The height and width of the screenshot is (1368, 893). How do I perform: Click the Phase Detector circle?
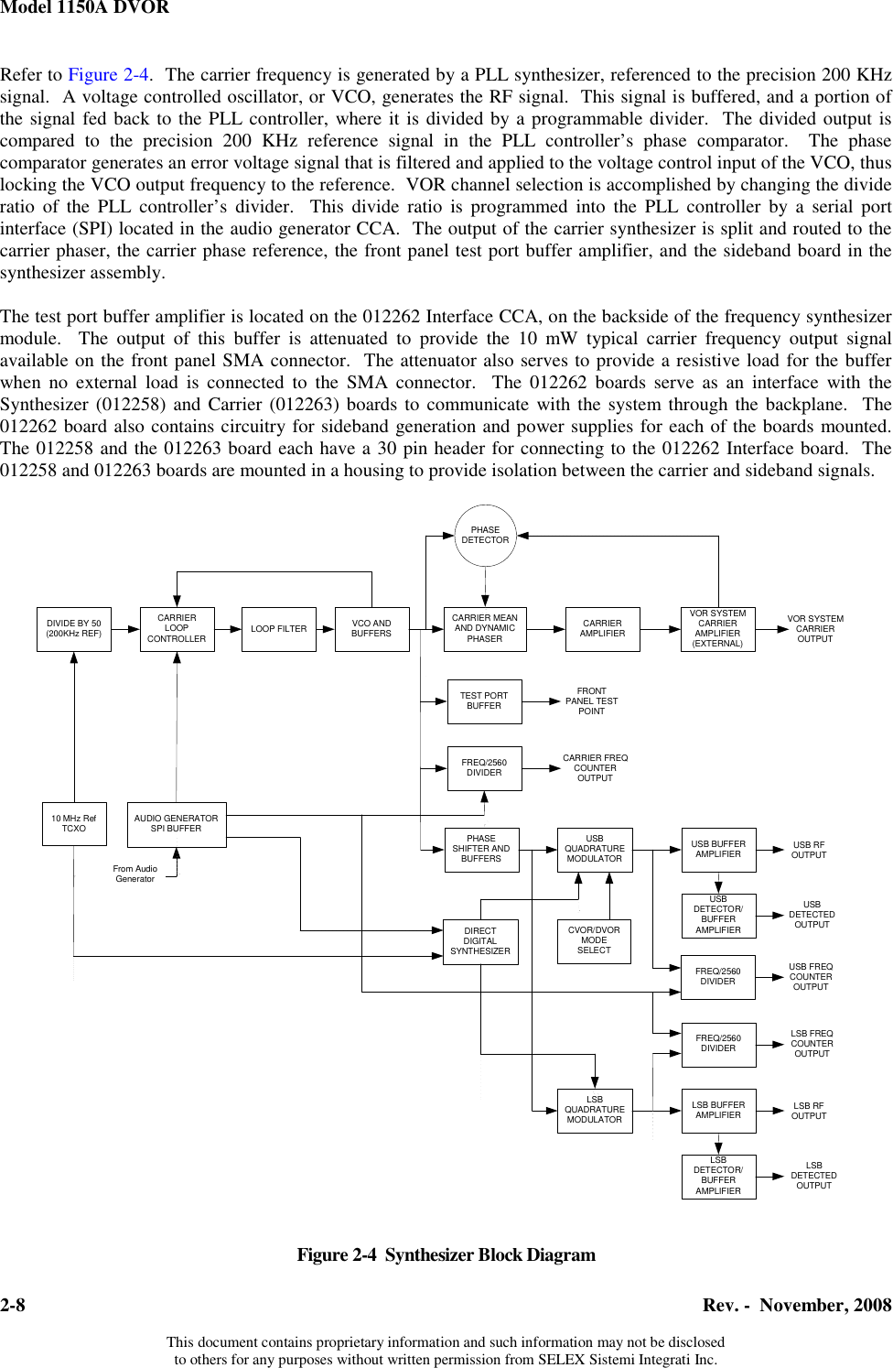click(x=485, y=536)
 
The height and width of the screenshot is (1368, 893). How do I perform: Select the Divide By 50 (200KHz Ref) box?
click(x=74, y=629)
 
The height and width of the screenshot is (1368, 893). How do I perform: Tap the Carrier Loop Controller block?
click(x=177, y=629)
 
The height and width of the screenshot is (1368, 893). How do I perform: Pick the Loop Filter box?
click(x=279, y=629)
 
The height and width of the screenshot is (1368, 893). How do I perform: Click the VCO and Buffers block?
click(x=371, y=629)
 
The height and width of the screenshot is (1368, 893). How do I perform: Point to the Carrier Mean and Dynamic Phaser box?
click(x=485, y=629)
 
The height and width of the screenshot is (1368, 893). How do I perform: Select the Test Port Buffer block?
click(x=484, y=701)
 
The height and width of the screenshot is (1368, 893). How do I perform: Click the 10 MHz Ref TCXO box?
click(x=73, y=823)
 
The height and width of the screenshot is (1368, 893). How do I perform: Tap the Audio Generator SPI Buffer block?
click(x=177, y=823)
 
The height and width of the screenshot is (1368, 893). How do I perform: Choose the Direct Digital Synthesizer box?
click(x=480, y=941)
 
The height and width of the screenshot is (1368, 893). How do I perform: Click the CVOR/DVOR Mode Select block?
click(x=594, y=941)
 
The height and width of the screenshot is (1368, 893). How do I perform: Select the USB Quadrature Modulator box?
click(x=595, y=849)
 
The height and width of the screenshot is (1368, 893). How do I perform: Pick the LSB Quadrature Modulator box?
click(x=595, y=1110)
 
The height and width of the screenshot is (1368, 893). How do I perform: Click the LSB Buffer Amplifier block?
click(x=718, y=1110)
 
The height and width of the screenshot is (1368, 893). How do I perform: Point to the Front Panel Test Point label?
click(x=591, y=701)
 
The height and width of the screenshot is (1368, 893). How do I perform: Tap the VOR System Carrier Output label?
click(x=815, y=629)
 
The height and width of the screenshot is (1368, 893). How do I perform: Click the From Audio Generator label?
click(x=135, y=874)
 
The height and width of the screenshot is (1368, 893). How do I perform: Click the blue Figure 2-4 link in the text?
click(x=105, y=75)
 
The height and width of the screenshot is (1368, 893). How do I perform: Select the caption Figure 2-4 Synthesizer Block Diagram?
click(x=446, y=1255)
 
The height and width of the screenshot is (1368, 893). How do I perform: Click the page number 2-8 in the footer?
click(x=13, y=1306)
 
